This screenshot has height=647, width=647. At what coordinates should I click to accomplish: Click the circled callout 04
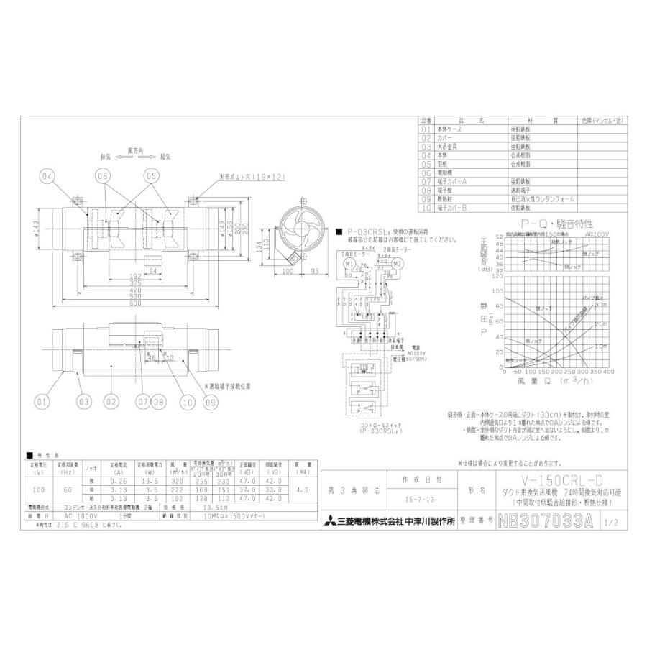tap(47, 175)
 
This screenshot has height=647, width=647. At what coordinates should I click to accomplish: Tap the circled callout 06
tap(101, 175)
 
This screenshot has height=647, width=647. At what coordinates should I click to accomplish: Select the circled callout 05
tap(151, 175)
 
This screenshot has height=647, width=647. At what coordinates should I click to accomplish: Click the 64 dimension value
tap(152, 270)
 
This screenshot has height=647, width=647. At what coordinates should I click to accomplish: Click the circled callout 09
tap(210, 403)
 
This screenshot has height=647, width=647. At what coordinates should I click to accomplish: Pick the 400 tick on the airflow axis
tap(609, 372)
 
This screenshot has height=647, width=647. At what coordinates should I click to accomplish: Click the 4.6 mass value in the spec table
tap(303, 490)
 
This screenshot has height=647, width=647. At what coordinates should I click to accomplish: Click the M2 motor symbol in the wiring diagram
tap(396, 265)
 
